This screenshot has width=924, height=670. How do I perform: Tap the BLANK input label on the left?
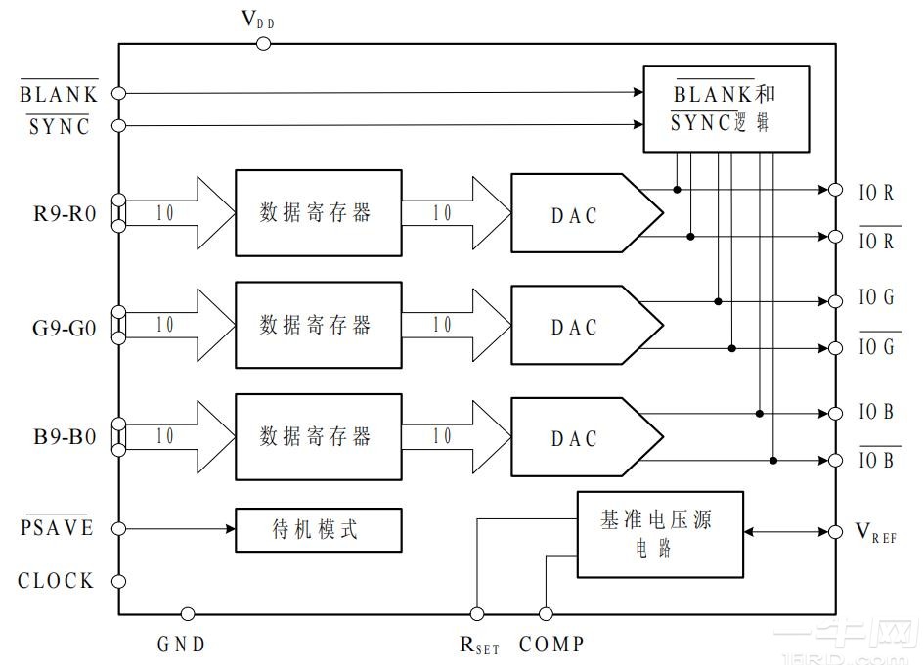click(x=60, y=95)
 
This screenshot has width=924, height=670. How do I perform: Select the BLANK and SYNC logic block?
click(x=726, y=109)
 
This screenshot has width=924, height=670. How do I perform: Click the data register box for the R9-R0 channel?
click(x=318, y=213)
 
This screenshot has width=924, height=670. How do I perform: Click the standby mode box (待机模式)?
click(x=318, y=530)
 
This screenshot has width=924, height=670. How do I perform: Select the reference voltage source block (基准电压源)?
click(x=659, y=533)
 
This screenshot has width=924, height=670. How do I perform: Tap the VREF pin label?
click(x=875, y=533)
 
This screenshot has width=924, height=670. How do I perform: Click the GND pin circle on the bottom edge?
click(x=188, y=614)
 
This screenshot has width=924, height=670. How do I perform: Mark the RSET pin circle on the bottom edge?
click(x=477, y=614)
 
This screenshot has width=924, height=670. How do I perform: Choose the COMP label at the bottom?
click(x=552, y=645)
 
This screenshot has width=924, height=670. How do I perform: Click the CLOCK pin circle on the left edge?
click(x=119, y=581)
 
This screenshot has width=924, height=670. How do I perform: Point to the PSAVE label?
click(x=58, y=528)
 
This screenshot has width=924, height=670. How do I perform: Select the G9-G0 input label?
click(x=65, y=327)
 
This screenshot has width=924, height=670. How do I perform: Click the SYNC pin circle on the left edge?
click(x=119, y=125)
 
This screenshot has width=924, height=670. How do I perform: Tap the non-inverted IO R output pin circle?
click(x=835, y=190)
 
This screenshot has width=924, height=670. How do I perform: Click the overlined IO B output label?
click(x=876, y=460)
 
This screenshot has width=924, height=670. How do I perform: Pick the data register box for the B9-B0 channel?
click(x=318, y=436)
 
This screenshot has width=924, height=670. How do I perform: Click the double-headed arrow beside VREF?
click(x=785, y=532)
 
